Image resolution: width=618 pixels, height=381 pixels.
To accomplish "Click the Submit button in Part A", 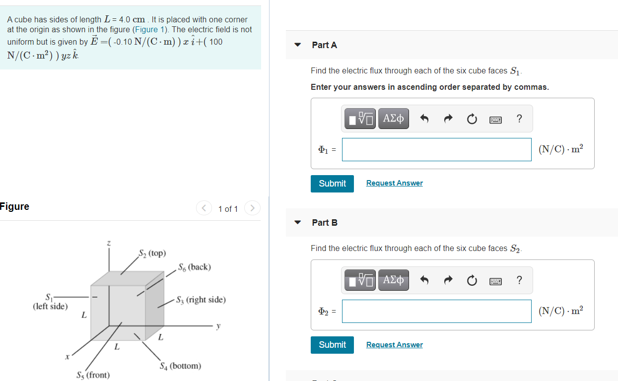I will point(332,184).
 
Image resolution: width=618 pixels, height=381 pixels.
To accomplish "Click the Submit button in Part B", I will point(332,345).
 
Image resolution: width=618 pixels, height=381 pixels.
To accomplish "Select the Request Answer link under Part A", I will point(394,183).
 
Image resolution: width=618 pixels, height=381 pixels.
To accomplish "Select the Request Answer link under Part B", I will point(394,345).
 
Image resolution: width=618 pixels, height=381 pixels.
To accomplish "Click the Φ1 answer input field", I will point(436,149).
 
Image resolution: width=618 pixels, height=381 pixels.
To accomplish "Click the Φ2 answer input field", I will point(436,311).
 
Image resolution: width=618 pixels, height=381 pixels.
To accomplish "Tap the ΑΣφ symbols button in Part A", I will point(393,119).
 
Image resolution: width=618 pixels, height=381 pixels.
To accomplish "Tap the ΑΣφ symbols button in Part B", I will point(393,280).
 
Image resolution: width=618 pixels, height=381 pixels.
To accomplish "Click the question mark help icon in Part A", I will point(519,119).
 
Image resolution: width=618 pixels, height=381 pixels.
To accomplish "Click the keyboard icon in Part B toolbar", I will point(495,281).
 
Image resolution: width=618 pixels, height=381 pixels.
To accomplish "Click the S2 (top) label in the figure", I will point(152,253).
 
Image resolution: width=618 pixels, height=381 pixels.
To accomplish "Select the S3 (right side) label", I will point(201,300).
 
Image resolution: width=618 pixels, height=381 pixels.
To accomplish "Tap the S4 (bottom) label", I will point(180,366).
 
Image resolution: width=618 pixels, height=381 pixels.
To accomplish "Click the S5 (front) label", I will point(93,375).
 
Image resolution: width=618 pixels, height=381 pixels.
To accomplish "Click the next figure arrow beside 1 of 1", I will point(252,208).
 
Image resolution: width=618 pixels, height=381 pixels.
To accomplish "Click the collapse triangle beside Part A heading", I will point(298,45).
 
